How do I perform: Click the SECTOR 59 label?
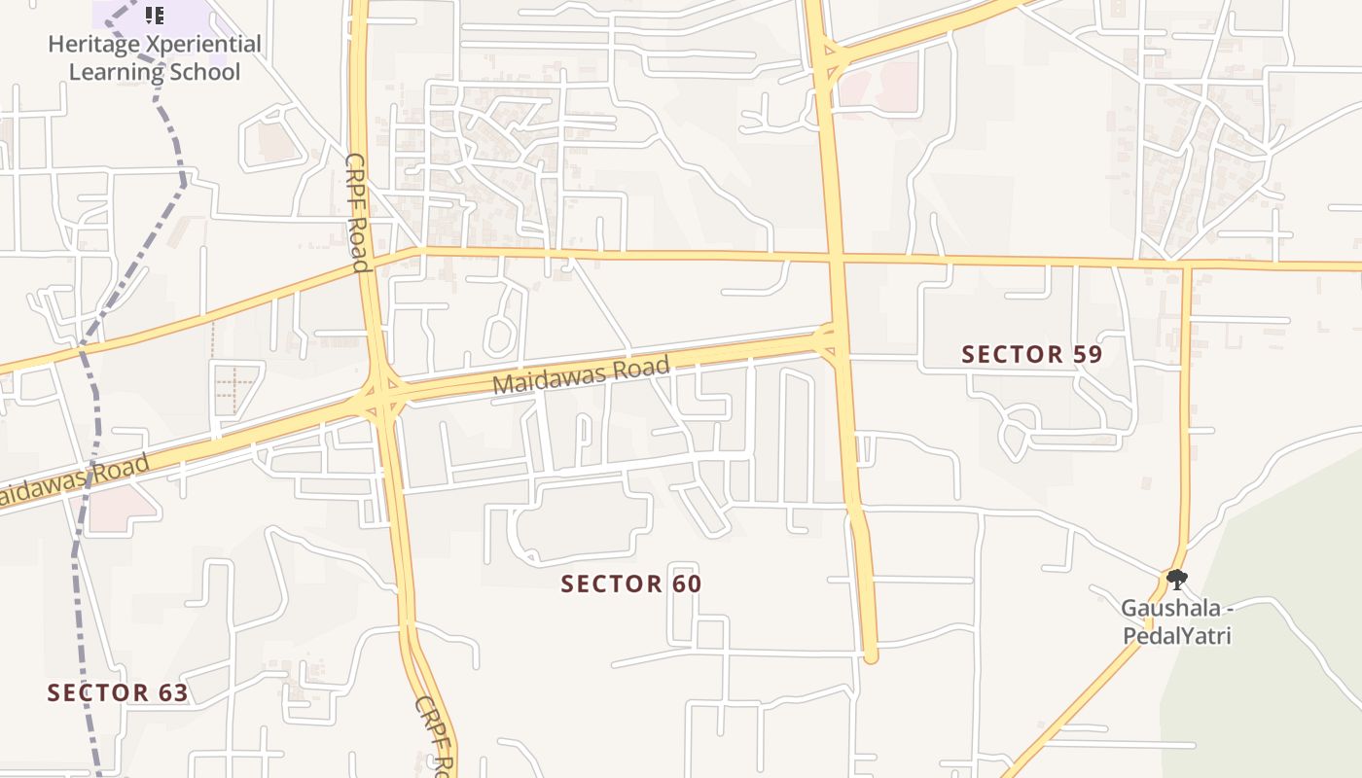pos(1031,354)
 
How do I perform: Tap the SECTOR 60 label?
pos(631,583)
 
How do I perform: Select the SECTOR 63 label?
pos(118,692)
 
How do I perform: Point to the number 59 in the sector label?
pos(1086,354)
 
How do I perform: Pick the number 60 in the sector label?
pos(685,583)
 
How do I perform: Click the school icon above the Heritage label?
pos(154,15)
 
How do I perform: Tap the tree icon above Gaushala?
pos(1177,580)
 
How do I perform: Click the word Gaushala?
pos(1169,609)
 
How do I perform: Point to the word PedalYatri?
pos(1177,636)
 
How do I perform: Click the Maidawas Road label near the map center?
pos(581,375)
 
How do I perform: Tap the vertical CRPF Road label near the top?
pos(357,213)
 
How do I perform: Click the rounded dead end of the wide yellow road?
pos(871,656)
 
